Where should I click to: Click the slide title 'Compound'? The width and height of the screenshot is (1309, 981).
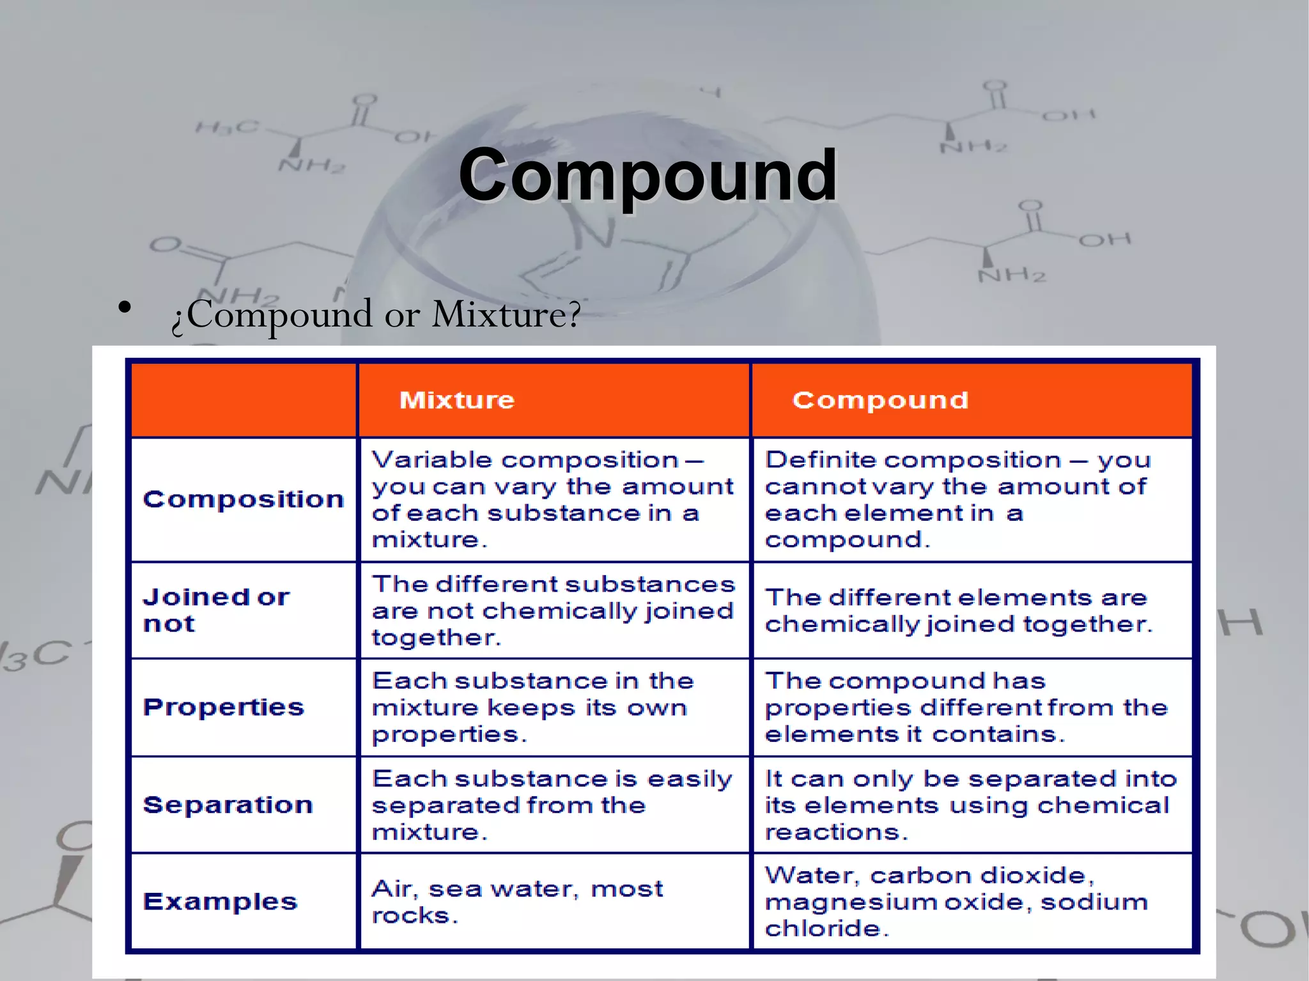pos(647,174)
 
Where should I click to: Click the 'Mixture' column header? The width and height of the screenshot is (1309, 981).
pos(457,400)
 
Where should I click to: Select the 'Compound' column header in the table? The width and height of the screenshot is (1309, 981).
pos(880,400)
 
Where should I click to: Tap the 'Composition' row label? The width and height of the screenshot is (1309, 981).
pos(243,499)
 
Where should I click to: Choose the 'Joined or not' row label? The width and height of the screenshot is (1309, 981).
pos(216,610)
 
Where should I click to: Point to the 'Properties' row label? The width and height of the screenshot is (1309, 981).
pos(224,707)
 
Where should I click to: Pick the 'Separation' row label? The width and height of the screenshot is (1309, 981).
pos(228,805)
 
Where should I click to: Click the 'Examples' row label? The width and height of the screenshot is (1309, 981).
pos(221,902)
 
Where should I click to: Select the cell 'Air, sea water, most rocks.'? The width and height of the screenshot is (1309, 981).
pos(518,902)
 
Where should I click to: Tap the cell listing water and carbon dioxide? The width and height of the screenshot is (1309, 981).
pos(957,902)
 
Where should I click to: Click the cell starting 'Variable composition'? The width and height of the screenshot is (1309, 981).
pos(553,499)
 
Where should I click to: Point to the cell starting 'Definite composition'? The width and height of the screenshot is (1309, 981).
pos(959,499)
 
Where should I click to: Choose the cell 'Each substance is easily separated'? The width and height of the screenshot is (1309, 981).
pos(553,805)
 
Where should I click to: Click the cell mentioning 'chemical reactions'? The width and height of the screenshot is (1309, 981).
pos(970,805)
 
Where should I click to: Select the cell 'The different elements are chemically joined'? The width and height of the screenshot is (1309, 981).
pos(959,610)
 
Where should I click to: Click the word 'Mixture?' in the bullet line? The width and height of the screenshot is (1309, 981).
pos(506,314)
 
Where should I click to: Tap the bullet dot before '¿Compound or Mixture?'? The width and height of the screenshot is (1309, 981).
pos(125,307)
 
